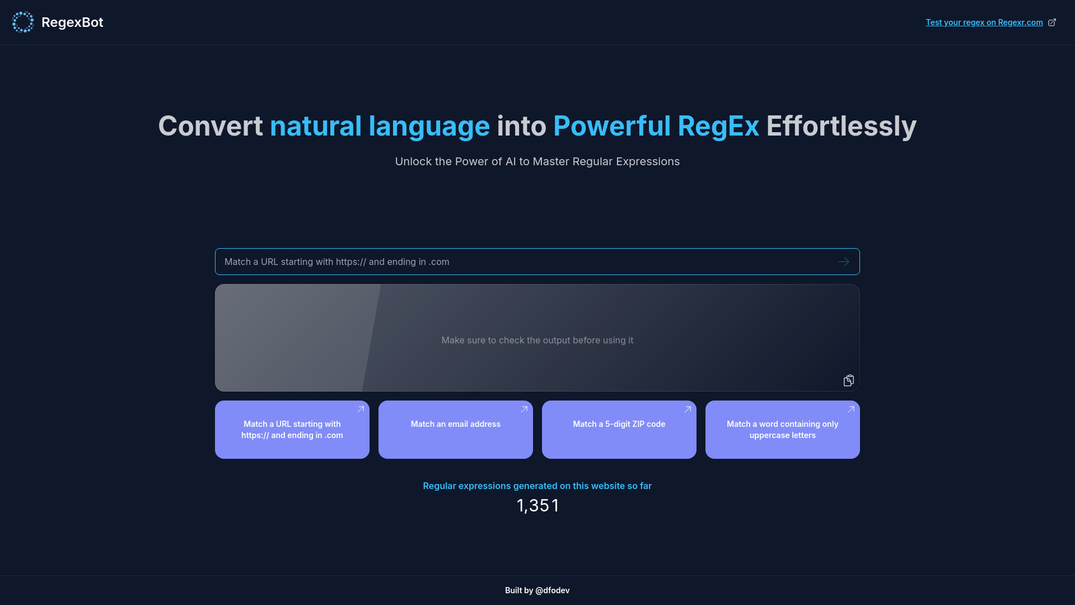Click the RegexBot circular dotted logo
(23, 22)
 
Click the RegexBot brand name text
(72, 22)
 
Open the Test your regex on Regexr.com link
(984, 22)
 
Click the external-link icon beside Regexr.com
(1052, 22)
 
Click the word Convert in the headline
(210, 126)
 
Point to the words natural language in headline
(380, 126)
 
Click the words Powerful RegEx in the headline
(656, 126)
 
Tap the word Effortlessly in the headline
(841, 126)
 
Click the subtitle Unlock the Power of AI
(537, 161)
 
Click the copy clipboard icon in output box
(848, 380)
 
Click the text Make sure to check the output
(537, 340)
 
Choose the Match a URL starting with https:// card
(292, 430)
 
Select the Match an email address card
(455, 430)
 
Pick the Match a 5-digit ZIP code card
(619, 430)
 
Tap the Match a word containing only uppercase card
(782, 430)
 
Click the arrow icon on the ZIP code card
(688, 409)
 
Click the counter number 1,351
(537, 505)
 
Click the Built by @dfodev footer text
(537, 590)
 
